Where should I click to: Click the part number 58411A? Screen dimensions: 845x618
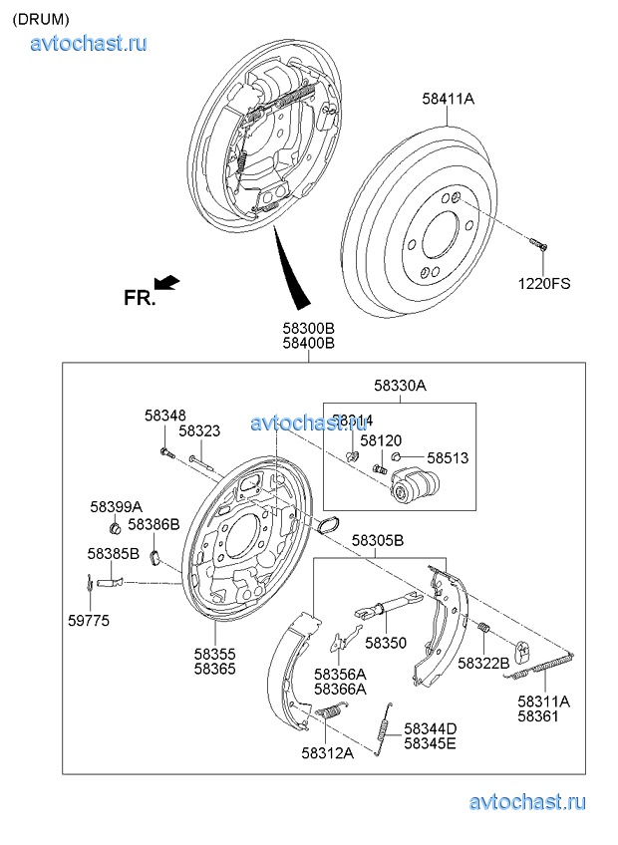tap(448, 100)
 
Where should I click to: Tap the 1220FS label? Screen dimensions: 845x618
tap(543, 283)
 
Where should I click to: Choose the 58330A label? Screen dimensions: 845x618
tap(400, 385)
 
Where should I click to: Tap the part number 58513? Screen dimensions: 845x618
tap(448, 458)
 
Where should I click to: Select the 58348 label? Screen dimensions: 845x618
tap(164, 415)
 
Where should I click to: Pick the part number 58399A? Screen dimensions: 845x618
tap(116, 506)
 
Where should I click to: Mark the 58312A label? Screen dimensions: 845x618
tap(327, 752)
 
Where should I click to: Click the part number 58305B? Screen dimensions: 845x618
tap(377, 542)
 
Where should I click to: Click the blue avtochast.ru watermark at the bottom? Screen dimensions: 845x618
tap(527, 801)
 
